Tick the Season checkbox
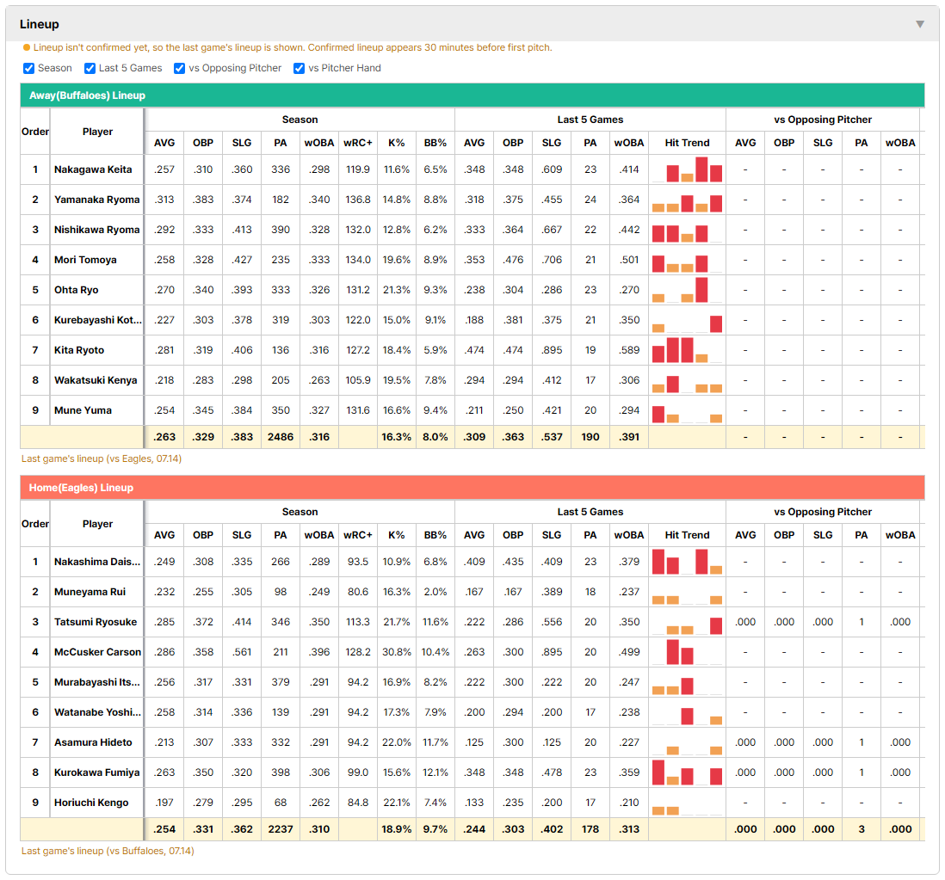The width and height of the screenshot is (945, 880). click(29, 68)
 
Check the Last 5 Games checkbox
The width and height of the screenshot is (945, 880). click(90, 68)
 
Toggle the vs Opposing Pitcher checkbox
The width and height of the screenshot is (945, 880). click(180, 68)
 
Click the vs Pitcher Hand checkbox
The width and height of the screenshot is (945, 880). click(299, 68)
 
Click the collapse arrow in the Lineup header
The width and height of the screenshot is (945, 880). click(920, 24)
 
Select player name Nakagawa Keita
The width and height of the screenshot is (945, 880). click(93, 169)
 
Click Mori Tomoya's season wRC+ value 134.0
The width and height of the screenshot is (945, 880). click(357, 260)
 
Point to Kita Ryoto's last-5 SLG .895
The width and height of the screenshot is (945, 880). click(552, 350)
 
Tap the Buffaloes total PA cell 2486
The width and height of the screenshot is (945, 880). click(281, 437)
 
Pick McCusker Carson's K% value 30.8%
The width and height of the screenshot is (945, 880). click(397, 652)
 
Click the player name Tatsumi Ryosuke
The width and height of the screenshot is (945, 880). click(96, 622)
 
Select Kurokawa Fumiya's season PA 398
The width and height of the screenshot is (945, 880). click(281, 772)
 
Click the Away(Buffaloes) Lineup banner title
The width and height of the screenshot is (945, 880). click(88, 95)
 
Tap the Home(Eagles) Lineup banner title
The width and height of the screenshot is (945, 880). click(81, 487)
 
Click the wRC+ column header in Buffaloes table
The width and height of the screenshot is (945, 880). click(357, 143)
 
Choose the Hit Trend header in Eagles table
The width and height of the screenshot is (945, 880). click(687, 535)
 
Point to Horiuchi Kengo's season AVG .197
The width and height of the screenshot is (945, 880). click(164, 803)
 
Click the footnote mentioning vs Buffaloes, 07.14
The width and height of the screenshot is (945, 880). click(108, 851)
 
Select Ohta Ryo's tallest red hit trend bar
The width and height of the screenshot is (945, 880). click(701, 290)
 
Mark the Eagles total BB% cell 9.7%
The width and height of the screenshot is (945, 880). click(435, 828)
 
